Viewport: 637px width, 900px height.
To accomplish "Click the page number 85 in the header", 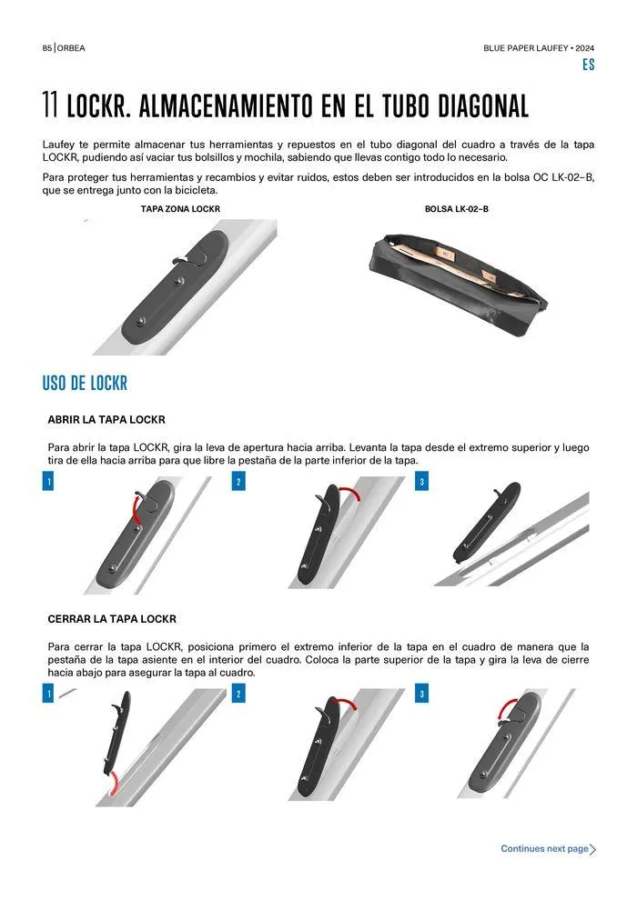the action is (x=47, y=48).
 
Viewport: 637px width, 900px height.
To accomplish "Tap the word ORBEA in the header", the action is (x=71, y=48).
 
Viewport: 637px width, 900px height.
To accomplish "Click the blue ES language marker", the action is (x=588, y=65).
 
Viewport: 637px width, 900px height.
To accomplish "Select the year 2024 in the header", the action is (x=585, y=48).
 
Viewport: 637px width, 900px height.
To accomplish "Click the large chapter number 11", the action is (x=50, y=105).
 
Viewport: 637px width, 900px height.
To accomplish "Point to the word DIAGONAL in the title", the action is (x=483, y=105).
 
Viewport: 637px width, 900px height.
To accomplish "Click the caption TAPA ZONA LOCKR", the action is (x=180, y=209).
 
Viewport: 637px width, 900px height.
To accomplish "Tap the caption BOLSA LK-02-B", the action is (x=457, y=209).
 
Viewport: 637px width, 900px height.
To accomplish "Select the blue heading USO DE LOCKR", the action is (x=85, y=383).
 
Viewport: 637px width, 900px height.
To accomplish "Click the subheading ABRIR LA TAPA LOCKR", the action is (x=106, y=420).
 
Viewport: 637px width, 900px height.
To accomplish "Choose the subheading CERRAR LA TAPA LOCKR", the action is (x=112, y=619).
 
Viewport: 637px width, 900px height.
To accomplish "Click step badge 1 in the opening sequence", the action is (x=48, y=481).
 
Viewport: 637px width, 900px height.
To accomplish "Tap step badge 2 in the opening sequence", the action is (x=238, y=481).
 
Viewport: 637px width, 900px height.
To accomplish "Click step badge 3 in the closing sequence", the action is (x=421, y=694).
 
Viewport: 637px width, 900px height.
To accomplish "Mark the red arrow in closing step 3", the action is (x=504, y=707).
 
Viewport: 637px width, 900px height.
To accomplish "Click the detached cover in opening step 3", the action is (x=487, y=523).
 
